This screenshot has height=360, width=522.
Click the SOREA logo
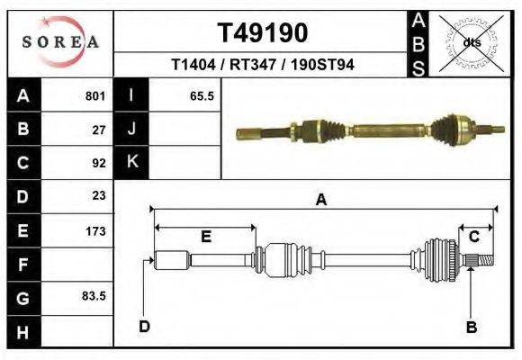point(59,42)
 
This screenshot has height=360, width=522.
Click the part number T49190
point(262,33)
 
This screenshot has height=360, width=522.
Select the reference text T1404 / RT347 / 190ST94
point(262,65)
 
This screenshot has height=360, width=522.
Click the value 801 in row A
point(96,95)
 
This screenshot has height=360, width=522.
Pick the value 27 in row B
point(99,129)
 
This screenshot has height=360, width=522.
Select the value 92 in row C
point(99,163)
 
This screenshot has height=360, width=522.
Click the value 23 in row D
point(99,195)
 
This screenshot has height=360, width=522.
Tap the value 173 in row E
point(96,231)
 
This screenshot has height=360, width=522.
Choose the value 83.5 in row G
point(94,295)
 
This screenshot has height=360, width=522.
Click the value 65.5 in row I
point(202,95)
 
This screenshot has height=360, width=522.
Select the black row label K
point(131,162)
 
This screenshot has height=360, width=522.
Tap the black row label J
point(131,129)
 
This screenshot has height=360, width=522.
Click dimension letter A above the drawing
point(320,201)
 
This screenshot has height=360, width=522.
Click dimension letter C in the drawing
point(473,237)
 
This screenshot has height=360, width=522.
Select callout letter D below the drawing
point(144,326)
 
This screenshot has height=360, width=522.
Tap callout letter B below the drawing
point(471,327)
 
